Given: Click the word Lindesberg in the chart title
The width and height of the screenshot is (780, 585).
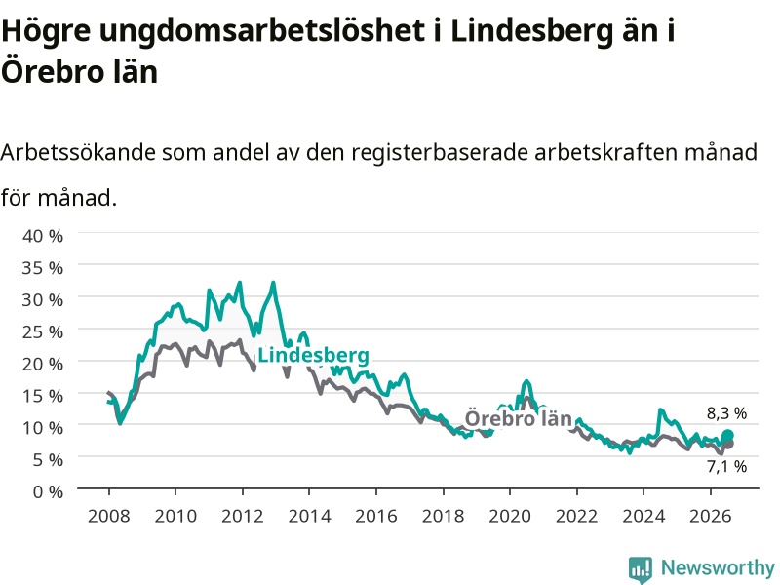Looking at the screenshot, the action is tap(531, 32).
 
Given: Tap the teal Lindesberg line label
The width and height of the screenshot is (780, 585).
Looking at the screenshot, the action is tap(313, 355).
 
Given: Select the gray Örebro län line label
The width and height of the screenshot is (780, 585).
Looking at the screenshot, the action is tap(518, 418).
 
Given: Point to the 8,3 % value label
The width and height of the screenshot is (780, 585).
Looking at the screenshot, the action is tap(726, 413).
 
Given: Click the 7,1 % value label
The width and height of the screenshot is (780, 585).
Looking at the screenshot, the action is tap(726, 467).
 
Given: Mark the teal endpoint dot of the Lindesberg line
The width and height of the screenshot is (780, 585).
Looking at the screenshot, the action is tap(727, 436).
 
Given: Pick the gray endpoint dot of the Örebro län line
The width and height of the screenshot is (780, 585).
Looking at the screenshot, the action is tap(728, 444).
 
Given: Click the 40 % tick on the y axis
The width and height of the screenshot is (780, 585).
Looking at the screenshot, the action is tap(43, 235).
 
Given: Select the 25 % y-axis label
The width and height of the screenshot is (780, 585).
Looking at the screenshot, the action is tap(43, 331).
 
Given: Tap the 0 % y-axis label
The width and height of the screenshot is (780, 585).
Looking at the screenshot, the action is tap(48, 492).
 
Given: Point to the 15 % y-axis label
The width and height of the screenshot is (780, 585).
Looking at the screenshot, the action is tap(43, 396).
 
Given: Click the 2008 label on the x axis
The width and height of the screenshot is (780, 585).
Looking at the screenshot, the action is tap(109, 516).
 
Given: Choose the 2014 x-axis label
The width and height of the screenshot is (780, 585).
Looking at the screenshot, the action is tap(309, 516).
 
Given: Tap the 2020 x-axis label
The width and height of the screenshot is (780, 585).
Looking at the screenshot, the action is tap(510, 516).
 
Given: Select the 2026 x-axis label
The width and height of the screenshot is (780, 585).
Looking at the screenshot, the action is tap(711, 516).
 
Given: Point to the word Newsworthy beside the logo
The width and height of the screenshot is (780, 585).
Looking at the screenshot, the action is tap(718, 567).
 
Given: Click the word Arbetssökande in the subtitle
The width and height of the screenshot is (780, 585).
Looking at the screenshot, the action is tap(78, 152).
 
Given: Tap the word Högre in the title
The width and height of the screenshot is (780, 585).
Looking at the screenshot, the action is tap(46, 32).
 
